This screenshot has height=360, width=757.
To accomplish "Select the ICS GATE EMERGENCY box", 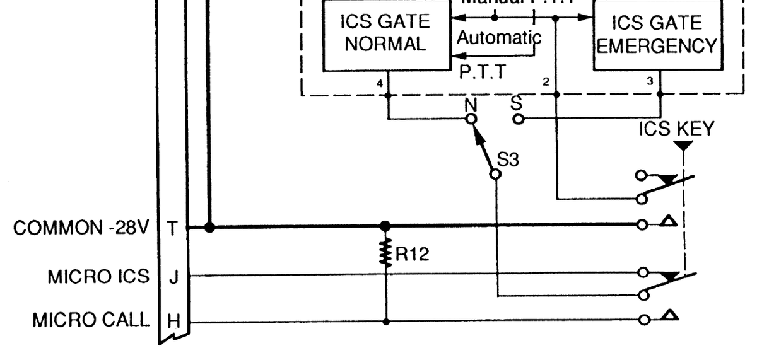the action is pos(657,35).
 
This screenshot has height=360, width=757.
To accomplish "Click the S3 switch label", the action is pos(508,160).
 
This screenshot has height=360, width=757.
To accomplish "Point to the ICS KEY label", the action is pos(676,129).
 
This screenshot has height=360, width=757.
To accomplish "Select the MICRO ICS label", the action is pos(98,276).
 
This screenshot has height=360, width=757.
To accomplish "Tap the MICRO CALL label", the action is pos(91,320).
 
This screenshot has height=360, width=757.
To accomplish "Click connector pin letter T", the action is pos(173,228).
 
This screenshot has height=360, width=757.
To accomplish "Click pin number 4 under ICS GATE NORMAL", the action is pos(380,83).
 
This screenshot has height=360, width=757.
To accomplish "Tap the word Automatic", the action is pos(498,37).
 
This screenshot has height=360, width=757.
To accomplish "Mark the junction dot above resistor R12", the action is pos(386,226).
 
